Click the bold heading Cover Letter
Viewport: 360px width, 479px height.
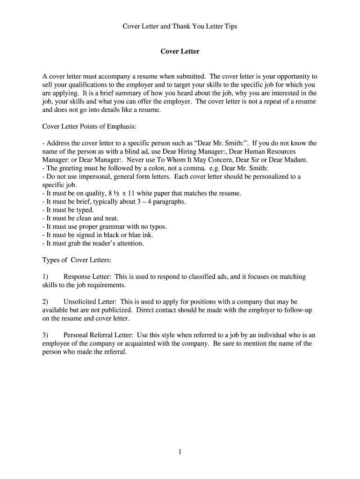point(180,51)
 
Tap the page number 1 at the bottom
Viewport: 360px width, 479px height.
point(180,451)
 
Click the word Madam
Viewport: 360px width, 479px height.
point(296,160)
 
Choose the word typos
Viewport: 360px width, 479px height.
point(155,227)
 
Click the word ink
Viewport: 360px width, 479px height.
point(147,235)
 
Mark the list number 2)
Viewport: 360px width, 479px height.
point(45,302)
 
